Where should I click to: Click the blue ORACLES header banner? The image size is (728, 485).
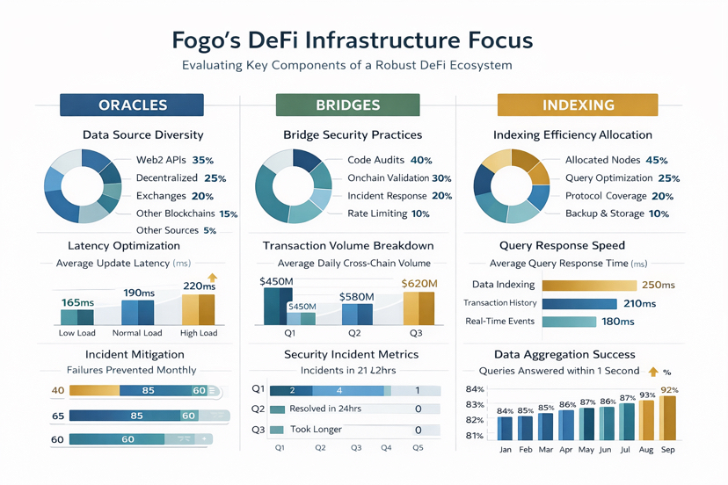click(x=132, y=105)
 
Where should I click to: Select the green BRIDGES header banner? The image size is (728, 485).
click(x=347, y=105)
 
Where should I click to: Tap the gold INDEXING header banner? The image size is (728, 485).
click(x=578, y=105)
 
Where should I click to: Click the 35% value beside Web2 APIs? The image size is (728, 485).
click(x=202, y=161)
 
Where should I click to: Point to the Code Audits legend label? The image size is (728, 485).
click(x=375, y=161)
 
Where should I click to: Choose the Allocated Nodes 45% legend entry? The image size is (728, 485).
click(x=615, y=161)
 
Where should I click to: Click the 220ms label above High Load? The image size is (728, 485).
click(x=198, y=286)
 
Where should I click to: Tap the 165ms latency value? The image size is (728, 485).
click(x=77, y=302)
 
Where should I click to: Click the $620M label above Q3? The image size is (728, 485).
click(x=419, y=284)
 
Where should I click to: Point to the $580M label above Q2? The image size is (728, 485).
click(x=356, y=297)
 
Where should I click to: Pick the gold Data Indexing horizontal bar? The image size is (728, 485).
click(x=589, y=286)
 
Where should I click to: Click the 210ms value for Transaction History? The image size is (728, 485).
click(x=639, y=304)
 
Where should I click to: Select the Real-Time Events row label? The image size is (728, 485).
click(x=499, y=322)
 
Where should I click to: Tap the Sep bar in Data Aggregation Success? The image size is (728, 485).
click(x=669, y=418)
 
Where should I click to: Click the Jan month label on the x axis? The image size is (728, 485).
click(x=505, y=450)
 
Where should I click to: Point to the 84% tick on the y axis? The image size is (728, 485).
click(x=475, y=390)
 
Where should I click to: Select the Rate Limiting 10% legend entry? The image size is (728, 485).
click(x=388, y=214)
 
